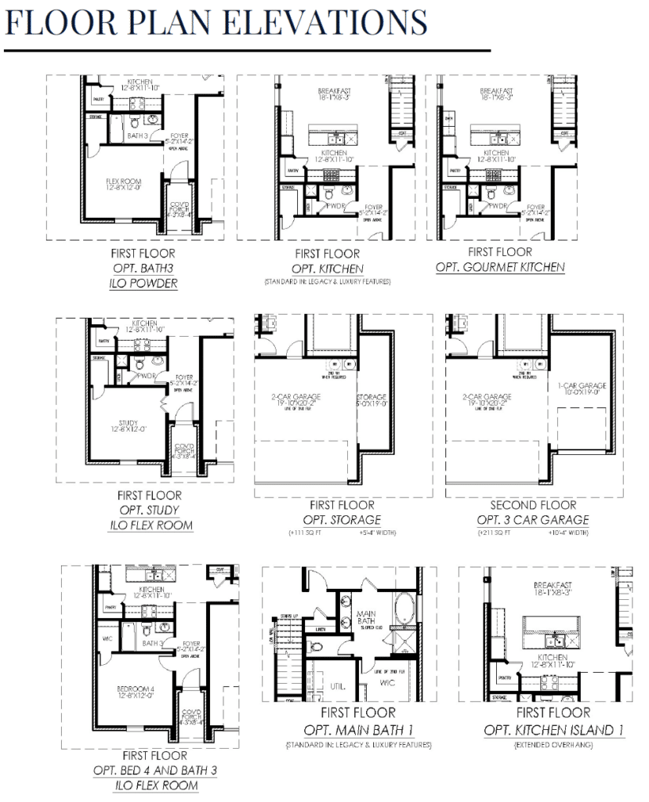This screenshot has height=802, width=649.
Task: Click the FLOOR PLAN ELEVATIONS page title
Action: (216, 23)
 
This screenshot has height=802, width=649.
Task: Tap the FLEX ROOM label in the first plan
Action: (124, 184)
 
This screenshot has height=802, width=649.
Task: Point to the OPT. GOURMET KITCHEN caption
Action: (500, 267)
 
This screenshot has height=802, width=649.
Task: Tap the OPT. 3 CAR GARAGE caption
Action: (532, 520)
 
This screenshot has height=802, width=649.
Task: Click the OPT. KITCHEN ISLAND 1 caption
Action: (553, 730)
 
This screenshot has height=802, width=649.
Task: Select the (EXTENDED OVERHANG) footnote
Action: (553, 745)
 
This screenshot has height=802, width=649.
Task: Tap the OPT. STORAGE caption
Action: (342, 520)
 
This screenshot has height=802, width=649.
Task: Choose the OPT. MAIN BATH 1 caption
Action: (358, 730)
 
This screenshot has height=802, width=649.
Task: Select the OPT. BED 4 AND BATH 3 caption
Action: (155, 771)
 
